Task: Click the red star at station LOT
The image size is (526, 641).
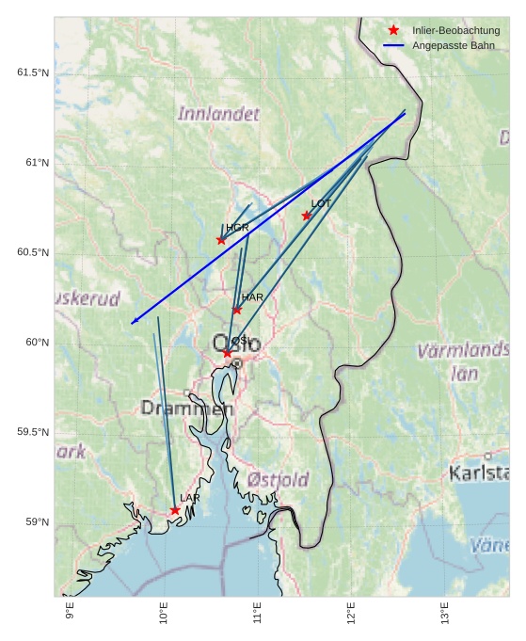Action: point(307,216)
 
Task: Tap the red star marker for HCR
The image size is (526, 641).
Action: point(221,240)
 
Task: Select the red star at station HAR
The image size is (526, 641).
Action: point(237,310)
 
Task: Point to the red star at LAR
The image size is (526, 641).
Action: point(175,510)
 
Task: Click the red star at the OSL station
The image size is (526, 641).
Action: point(227,354)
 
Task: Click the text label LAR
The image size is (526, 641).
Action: point(190,498)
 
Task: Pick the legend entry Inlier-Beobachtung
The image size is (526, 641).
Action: point(455,30)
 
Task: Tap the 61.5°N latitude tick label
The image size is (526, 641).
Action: point(33,72)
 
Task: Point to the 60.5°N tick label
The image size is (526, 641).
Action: point(33,252)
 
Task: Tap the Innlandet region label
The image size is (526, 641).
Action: point(218,114)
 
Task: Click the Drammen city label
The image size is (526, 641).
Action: point(187,409)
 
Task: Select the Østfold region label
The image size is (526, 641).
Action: point(278,480)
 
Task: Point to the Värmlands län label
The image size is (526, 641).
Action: point(463,361)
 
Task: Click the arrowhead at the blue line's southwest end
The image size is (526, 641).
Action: point(134,323)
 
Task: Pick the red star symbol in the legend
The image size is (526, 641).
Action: point(393,30)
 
